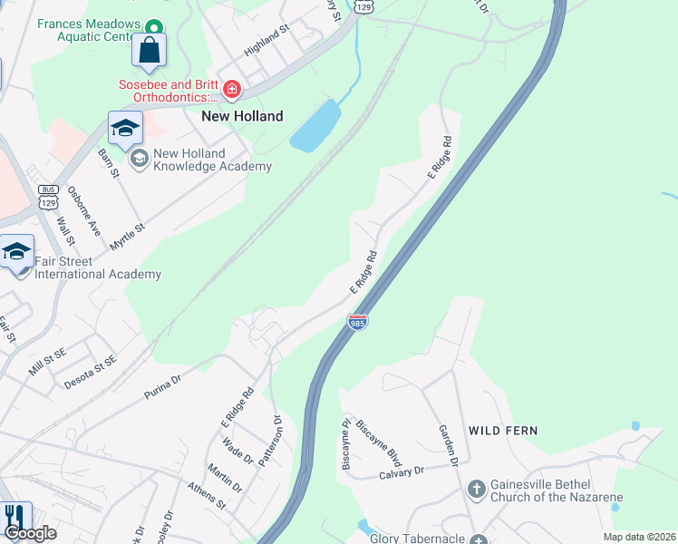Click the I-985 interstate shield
(x=358, y=322)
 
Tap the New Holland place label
(x=242, y=116)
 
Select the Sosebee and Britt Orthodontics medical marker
(x=233, y=88)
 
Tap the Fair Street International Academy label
(x=97, y=267)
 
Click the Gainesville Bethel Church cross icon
(x=477, y=490)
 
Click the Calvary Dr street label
(x=402, y=472)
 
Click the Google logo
(x=31, y=533)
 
